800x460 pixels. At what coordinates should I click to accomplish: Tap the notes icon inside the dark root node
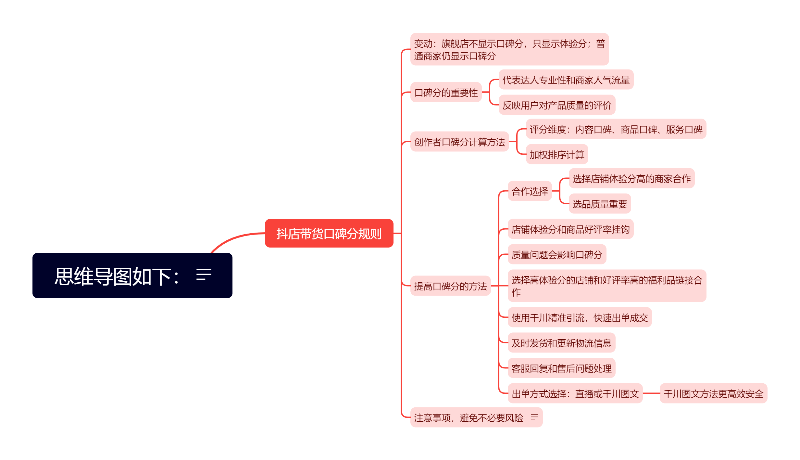point(204,275)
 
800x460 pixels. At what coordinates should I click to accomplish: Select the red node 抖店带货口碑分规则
point(329,233)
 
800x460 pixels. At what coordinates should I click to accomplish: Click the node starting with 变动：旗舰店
point(509,49)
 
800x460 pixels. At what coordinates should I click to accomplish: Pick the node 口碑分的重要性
point(446,93)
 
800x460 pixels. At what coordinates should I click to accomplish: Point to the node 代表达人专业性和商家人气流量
point(566,80)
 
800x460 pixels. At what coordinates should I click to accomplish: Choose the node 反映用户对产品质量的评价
point(556,105)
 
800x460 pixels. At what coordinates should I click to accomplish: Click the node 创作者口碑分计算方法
point(459,142)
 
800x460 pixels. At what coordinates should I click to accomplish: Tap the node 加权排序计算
point(556,154)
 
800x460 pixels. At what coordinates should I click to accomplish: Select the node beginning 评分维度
point(616,129)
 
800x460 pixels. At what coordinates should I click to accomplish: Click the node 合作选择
point(530,191)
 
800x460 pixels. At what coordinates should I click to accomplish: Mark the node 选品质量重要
point(599,204)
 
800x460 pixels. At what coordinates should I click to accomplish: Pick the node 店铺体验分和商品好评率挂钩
point(570,229)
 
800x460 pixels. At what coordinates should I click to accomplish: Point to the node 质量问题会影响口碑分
point(556,254)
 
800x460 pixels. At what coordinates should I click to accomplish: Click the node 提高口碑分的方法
point(450,286)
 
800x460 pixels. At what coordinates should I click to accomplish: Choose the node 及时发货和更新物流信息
point(561,343)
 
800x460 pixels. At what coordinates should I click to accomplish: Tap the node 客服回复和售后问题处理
point(561,368)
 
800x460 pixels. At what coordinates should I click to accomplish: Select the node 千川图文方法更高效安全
point(713,393)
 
